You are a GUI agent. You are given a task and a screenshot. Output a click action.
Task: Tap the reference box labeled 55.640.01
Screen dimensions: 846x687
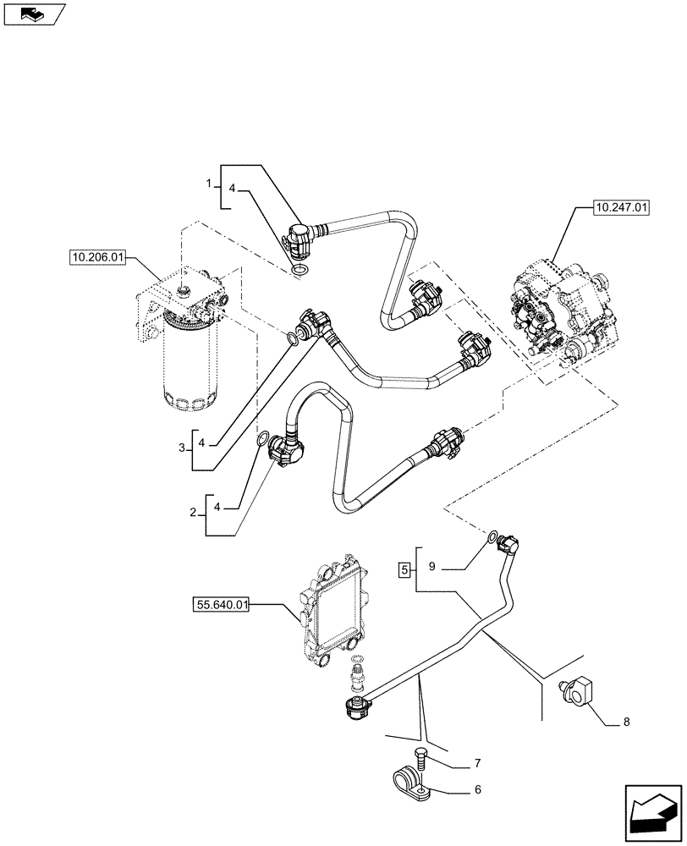pyautogui.click(x=221, y=605)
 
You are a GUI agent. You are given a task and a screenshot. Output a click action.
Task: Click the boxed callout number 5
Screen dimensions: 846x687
pyautogui.click(x=404, y=569)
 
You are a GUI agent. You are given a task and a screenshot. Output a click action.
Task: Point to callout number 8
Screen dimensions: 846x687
pyautogui.click(x=625, y=722)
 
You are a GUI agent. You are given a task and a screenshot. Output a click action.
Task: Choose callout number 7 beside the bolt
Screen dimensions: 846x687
pyautogui.click(x=477, y=764)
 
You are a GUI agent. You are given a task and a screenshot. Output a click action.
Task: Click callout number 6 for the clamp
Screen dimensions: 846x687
pyautogui.click(x=477, y=792)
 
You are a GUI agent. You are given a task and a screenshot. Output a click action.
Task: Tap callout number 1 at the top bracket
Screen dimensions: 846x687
pyautogui.click(x=210, y=184)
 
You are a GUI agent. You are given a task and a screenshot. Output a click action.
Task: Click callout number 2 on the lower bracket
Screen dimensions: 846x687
pyautogui.click(x=195, y=513)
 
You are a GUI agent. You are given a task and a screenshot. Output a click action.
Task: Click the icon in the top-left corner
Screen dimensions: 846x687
pyautogui.click(x=34, y=13)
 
